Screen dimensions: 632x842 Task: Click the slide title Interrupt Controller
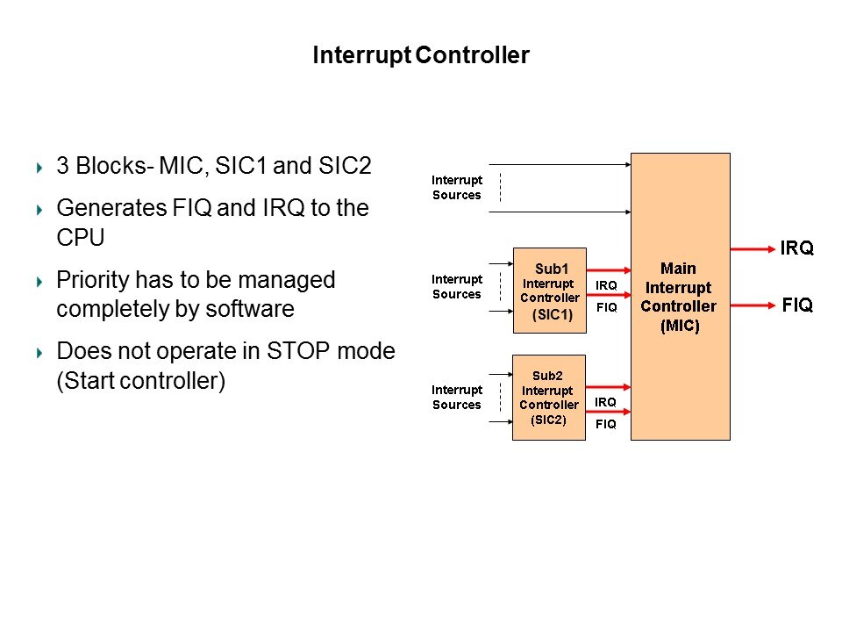point(421,56)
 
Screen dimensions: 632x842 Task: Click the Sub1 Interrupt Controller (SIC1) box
point(549,291)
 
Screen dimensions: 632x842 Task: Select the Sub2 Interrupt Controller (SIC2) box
point(549,397)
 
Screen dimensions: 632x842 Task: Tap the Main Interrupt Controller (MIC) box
point(680,297)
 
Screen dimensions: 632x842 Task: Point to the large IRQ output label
point(796,248)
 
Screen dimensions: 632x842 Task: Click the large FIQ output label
point(796,305)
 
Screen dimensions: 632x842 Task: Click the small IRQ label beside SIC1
point(606,285)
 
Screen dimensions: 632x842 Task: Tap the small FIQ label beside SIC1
point(606,308)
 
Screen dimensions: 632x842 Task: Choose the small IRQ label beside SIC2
point(605,402)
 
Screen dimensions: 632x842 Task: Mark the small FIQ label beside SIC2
point(605,424)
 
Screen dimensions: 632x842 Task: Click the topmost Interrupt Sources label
point(456,187)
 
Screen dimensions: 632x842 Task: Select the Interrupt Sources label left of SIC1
point(456,287)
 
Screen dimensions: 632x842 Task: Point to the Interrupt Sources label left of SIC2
point(456,397)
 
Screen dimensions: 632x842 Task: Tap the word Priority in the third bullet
point(91,280)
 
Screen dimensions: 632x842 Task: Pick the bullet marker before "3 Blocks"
point(39,166)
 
